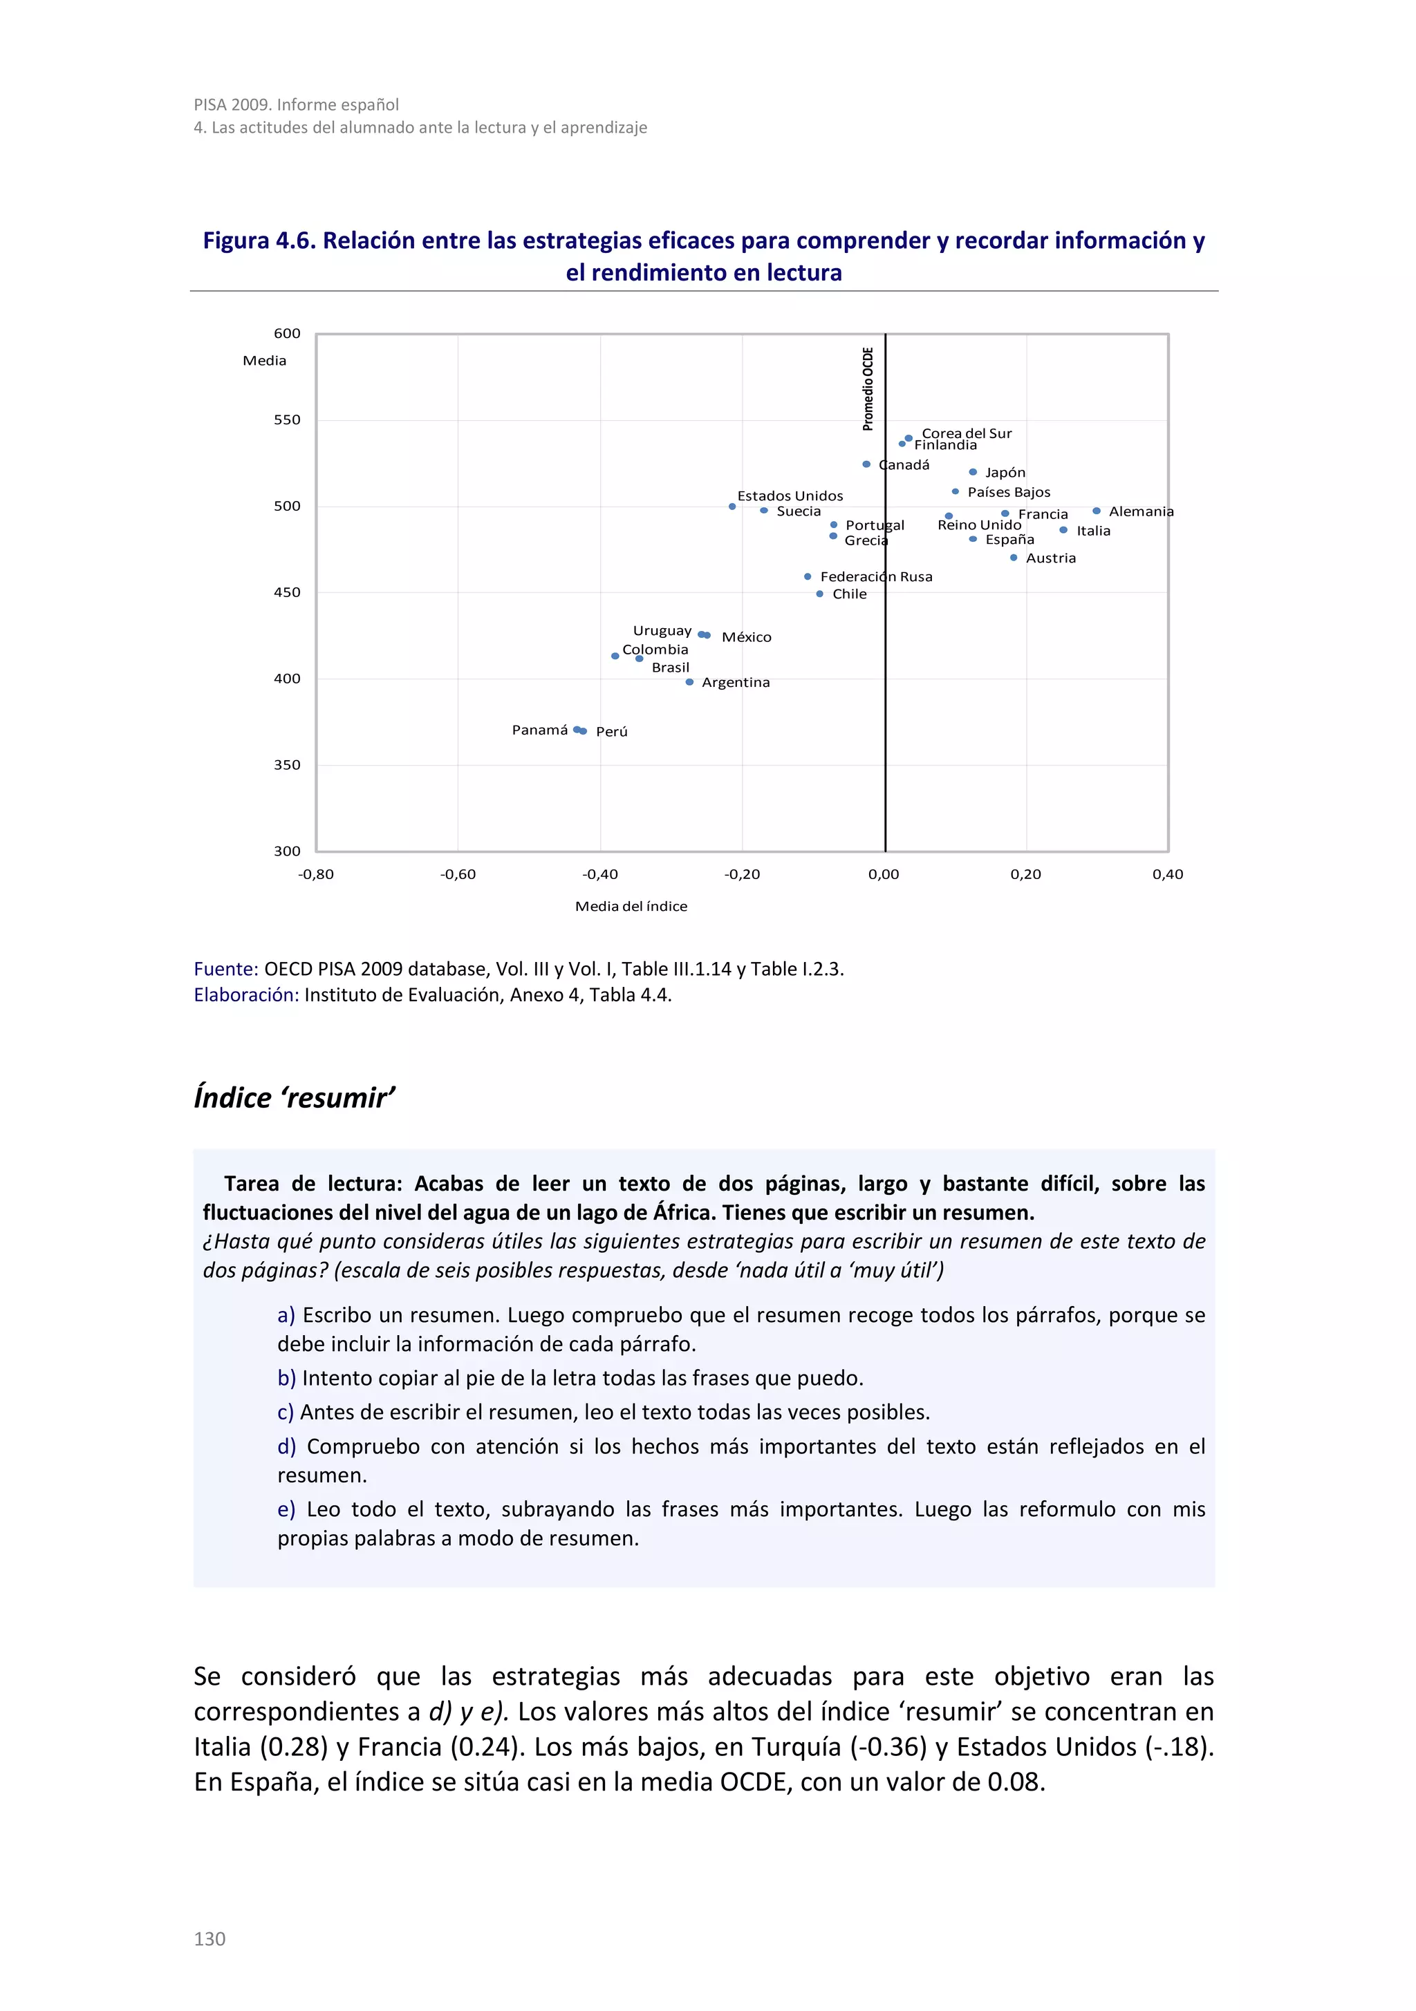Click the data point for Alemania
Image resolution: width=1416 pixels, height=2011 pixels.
click(1096, 511)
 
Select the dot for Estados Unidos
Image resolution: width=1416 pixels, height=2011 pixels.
click(732, 507)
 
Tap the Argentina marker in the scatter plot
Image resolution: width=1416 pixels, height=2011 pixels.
click(689, 681)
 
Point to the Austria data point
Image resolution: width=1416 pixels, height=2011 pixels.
click(1014, 557)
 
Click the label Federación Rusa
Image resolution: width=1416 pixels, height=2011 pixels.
click(876, 576)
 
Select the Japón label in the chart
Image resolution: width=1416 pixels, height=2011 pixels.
click(1005, 472)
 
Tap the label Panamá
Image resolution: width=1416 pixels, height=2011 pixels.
click(540, 730)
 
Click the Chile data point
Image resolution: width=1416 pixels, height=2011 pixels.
click(820, 594)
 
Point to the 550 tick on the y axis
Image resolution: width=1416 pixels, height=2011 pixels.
click(286, 419)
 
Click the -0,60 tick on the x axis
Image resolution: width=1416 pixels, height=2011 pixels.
click(458, 874)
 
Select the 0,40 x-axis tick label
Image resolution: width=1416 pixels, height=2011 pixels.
click(1167, 874)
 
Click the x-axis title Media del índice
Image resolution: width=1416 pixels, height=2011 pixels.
click(631, 907)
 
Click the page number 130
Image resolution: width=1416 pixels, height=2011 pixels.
click(209, 1938)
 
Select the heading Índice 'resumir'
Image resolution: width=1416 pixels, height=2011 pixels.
click(295, 1097)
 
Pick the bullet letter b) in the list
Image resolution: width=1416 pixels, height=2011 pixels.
click(286, 1378)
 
